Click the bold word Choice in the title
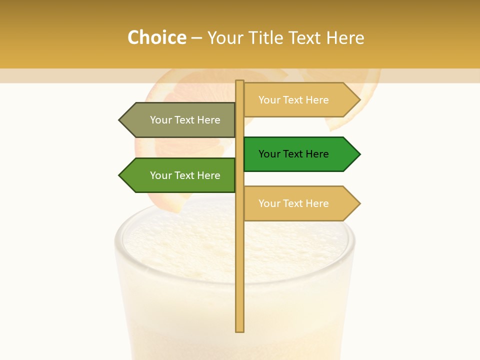[156, 38]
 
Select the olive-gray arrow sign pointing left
[180, 120]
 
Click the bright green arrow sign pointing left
[180, 175]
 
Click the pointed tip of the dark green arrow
[359, 154]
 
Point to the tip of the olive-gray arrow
[120, 120]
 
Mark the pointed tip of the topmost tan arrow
[359, 100]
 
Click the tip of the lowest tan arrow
[359, 203]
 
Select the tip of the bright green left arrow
[120, 175]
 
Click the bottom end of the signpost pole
[239, 330]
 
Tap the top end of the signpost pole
[239, 82]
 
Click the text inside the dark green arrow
[293, 154]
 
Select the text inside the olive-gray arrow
[185, 120]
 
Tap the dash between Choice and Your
[196, 38]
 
